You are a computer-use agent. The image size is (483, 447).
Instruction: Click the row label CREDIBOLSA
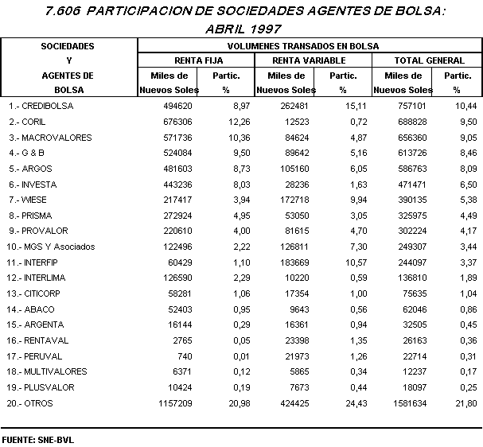tap(45, 106)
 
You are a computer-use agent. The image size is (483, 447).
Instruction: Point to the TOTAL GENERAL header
tap(430, 60)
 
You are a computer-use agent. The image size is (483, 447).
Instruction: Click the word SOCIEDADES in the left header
tap(68, 46)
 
